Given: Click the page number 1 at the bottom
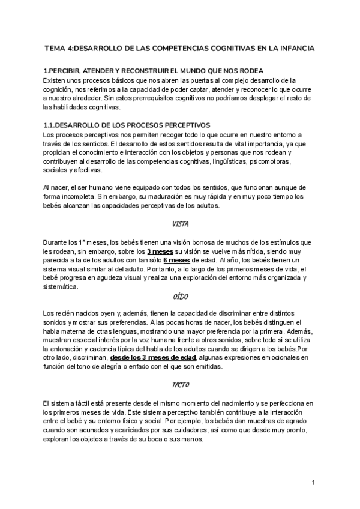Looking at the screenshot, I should pos(313,482).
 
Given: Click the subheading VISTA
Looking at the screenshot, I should pos(180,224).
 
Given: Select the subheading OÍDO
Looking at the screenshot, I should pos(180,296).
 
